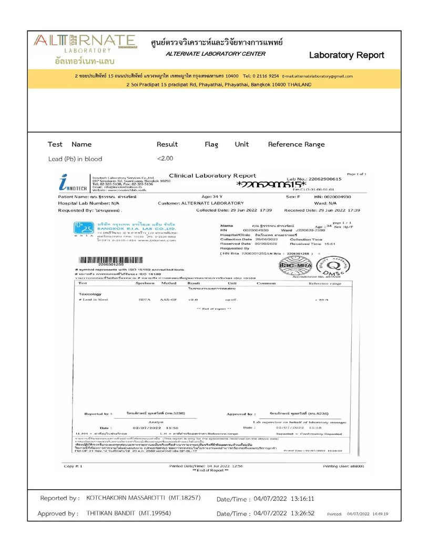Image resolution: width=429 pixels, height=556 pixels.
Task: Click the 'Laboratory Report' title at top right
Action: [x=346, y=55]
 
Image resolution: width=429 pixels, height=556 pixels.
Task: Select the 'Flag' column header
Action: [x=211, y=144]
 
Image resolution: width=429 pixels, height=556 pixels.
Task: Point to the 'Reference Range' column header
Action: [x=296, y=144]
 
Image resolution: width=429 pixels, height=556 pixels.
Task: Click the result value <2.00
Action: [x=165, y=158]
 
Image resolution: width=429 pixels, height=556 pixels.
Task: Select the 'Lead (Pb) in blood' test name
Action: [x=75, y=158]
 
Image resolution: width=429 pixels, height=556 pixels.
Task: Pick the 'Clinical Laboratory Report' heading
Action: [x=212, y=176]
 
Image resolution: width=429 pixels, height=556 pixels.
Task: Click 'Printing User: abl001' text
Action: [x=344, y=466]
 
